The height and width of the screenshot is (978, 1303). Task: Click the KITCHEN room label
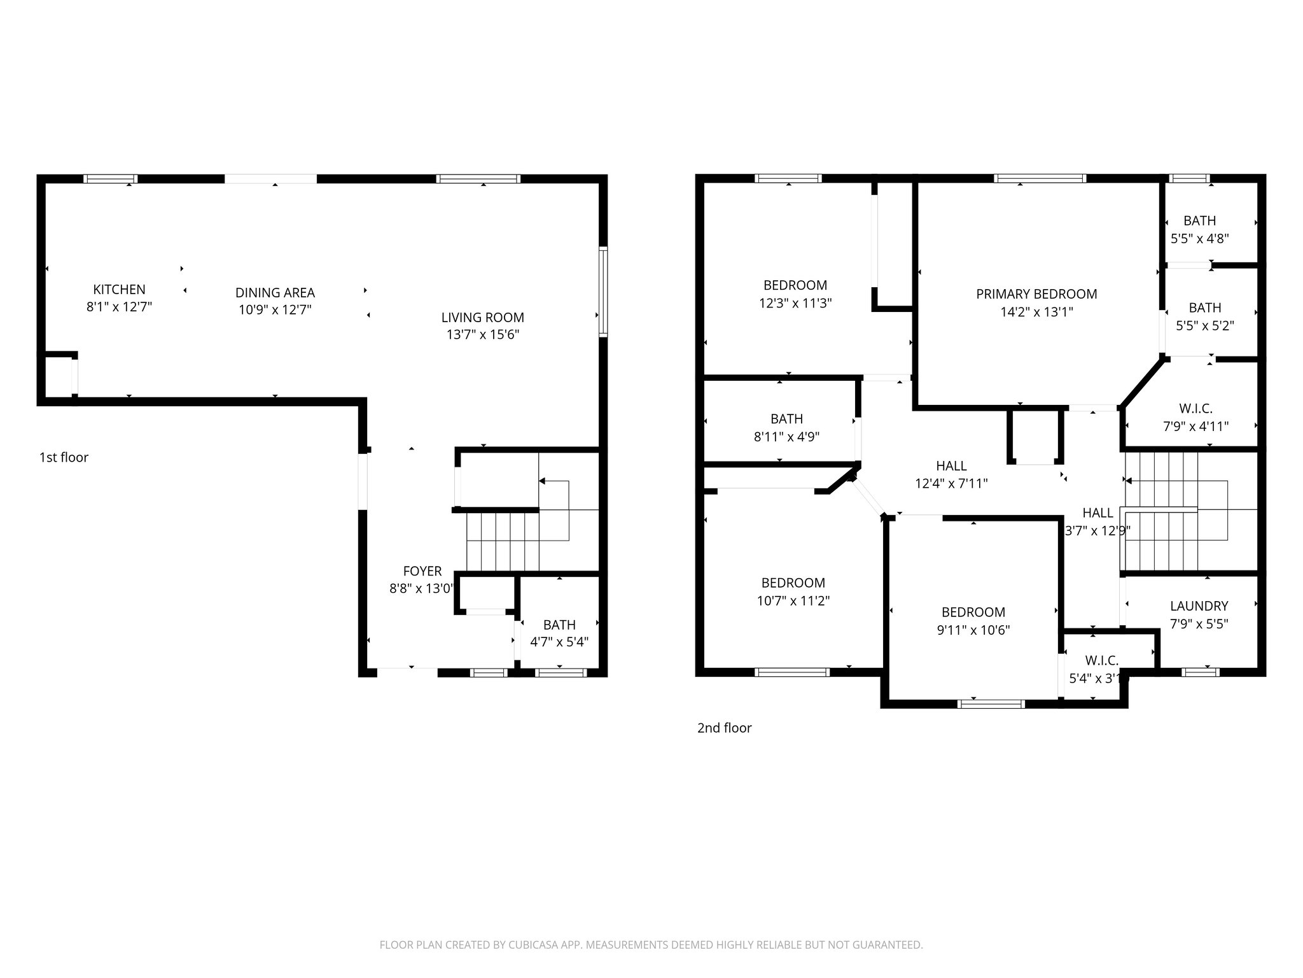pos(119,290)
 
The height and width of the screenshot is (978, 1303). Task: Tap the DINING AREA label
pos(275,293)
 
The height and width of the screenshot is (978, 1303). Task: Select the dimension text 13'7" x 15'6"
pos(483,334)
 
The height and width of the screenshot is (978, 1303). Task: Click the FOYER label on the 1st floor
pos(422,571)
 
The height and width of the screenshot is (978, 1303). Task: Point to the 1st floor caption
pos(64,457)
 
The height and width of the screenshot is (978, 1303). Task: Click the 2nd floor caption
pos(724,728)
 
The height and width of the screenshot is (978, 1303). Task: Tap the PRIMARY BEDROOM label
pos(1036,294)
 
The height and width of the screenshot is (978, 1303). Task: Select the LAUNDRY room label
pos(1199,606)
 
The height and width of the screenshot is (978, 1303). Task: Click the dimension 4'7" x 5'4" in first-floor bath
pos(559,642)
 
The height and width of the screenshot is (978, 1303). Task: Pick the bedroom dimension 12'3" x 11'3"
pos(795,303)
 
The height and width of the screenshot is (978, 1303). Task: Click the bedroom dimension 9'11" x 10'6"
pos(973,630)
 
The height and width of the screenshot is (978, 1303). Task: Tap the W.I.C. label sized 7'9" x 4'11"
pos(1195,408)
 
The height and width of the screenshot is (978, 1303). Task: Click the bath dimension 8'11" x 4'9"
pos(786,437)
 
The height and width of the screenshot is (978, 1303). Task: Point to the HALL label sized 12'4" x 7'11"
pos(951,466)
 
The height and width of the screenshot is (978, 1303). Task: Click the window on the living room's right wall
pos(603,292)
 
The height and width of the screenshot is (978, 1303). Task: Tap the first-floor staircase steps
pos(503,542)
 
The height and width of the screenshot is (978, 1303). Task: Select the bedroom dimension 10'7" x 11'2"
pos(793,600)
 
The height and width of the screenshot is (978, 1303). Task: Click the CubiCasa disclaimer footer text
pos(651,945)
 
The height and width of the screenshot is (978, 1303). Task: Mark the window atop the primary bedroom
pos(1040,179)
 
